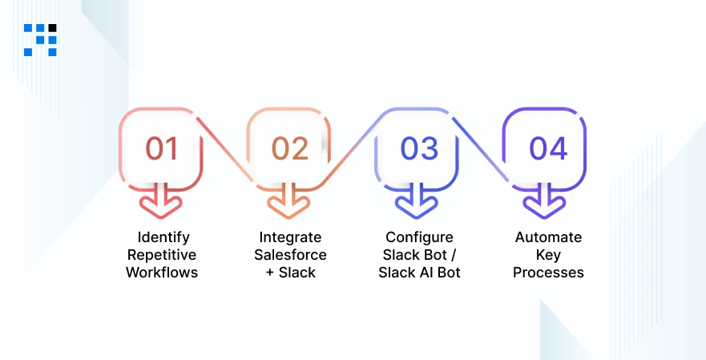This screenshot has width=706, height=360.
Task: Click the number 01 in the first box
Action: [162, 149]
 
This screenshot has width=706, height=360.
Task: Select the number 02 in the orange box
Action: [289, 149]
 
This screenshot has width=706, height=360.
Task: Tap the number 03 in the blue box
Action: [419, 149]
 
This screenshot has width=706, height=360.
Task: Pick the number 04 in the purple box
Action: [548, 149]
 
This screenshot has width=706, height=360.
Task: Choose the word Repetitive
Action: [162, 255]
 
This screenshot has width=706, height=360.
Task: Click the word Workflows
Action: [162, 273]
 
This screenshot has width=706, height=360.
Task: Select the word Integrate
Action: [290, 238]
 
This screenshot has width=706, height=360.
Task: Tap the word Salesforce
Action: [290, 255]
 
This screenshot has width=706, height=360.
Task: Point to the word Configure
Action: [419, 237]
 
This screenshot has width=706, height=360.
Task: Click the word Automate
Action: [548, 238]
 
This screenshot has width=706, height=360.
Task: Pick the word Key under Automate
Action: [548, 255]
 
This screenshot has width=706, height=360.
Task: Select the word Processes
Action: [548, 273]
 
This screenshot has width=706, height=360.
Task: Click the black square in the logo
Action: [52, 28]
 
